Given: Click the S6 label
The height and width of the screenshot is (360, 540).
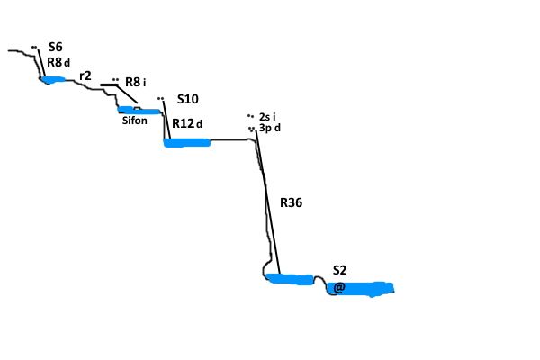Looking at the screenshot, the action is pos(56,47).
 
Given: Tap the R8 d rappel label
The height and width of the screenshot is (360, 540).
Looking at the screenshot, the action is pos(58,62).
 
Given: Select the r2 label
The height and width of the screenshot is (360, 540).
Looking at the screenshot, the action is pos(85,76).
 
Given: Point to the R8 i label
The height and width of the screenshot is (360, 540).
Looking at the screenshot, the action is pos(135,82).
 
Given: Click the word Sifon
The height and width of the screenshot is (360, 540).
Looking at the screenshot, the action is pos(135,121).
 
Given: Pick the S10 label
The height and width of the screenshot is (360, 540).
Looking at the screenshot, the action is pos(188,99).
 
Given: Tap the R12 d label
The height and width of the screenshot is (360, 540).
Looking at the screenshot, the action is pos(187,123).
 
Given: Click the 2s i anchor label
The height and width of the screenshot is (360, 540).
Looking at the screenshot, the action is pos(267,117).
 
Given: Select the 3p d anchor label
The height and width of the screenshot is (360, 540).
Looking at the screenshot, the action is pos(270,128).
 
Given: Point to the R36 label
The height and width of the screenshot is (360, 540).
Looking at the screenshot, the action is pos(291,202).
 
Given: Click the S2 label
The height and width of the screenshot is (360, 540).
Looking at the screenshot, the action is pos(339,270).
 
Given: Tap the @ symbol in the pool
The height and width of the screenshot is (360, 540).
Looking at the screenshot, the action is pos(338,288).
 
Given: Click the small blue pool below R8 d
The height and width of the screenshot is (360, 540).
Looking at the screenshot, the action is pos(53,80).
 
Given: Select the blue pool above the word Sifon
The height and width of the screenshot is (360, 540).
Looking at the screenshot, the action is pos(139,111).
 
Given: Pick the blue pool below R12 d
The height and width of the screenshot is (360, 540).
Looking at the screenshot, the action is pos(187,142).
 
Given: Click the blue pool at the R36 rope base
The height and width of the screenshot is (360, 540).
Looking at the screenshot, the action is pos(291,279).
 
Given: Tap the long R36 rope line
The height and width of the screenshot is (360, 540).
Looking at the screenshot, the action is pos(268,202).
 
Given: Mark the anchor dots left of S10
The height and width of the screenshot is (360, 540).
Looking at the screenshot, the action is pos(160,98).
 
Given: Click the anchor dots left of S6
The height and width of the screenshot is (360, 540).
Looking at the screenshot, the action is pos(34,47).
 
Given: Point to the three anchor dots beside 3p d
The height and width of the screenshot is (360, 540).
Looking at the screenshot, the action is pos(251,130).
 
